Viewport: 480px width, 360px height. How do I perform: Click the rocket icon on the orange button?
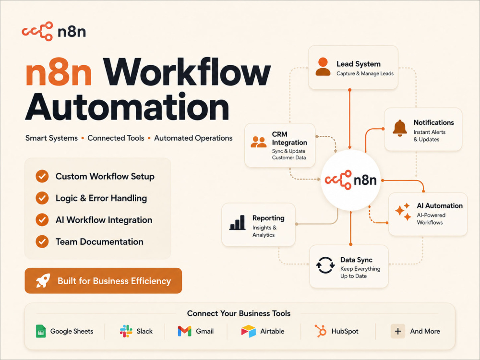(x=43, y=280)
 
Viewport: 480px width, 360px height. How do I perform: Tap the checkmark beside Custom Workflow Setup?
(x=42, y=176)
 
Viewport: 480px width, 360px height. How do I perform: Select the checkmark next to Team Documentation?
(x=42, y=241)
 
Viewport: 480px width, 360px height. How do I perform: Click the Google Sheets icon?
(x=41, y=331)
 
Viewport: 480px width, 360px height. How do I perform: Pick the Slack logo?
(x=126, y=331)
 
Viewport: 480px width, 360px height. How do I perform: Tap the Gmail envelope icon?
(x=185, y=331)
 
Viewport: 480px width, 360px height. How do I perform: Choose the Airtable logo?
(x=249, y=331)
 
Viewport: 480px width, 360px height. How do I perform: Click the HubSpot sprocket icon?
(x=321, y=331)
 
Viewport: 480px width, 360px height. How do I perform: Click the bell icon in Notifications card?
(x=400, y=128)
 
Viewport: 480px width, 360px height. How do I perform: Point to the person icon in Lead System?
(x=323, y=66)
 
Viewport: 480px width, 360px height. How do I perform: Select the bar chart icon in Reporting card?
(x=238, y=222)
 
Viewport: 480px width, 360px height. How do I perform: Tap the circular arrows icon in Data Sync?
(x=325, y=265)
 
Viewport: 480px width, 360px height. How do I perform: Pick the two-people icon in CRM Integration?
(x=258, y=142)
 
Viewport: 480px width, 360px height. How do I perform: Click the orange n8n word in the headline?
(x=59, y=72)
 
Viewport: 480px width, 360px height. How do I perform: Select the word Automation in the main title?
(x=127, y=107)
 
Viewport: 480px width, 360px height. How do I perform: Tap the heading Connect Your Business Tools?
(x=239, y=313)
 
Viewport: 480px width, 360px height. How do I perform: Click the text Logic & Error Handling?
(x=101, y=198)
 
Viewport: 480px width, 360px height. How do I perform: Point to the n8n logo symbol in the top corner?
(x=37, y=31)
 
